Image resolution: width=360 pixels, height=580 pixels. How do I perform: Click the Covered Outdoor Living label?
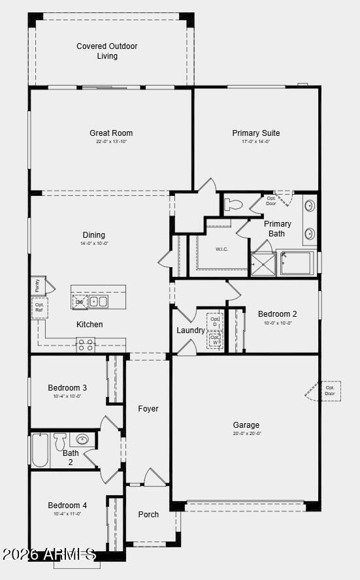[107, 51]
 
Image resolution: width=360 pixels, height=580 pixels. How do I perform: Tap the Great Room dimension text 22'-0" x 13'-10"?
[111, 142]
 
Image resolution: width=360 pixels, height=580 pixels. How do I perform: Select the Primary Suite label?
[255, 133]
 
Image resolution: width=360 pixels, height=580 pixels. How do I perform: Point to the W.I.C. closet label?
[221, 249]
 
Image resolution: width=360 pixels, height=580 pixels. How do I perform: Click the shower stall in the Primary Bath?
[263, 263]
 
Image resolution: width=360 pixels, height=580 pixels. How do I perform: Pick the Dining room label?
[93, 235]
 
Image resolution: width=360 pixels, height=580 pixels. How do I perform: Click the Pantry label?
[37, 285]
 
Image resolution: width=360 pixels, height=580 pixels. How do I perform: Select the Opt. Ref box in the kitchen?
[39, 308]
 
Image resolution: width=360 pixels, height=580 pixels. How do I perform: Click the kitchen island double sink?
[99, 301]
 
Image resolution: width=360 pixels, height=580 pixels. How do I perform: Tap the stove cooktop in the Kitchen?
[86, 345]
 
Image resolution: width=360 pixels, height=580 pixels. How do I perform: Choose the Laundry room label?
[190, 330]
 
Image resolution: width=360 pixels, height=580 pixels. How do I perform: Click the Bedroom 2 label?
[277, 314]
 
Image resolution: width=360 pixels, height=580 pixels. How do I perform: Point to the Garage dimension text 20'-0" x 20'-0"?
[246, 434]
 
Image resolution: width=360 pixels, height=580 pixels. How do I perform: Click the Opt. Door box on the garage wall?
[329, 391]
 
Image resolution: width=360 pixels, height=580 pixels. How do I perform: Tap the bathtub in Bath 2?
[40, 450]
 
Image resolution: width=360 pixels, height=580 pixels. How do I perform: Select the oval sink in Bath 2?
[83, 439]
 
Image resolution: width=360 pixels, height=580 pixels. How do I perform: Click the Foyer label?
[148, 409]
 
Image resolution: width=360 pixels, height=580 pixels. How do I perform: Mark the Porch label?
[148, 514]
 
